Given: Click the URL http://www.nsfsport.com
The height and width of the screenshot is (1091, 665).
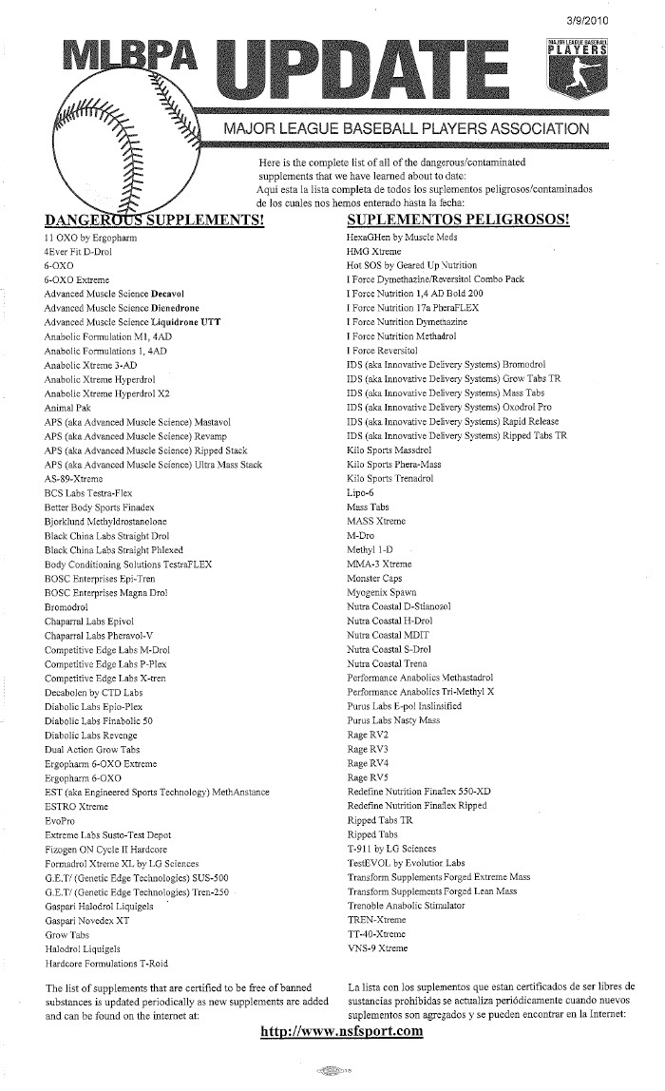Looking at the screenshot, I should click(341, 1032).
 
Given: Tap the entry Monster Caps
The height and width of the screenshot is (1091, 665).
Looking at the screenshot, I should click(374, 578).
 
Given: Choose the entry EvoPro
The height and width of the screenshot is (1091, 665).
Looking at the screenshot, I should click(60, 820).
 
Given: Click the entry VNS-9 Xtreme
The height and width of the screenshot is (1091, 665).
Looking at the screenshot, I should click(377, 948).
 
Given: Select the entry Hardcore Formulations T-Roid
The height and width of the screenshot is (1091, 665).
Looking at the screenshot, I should click(105, 963).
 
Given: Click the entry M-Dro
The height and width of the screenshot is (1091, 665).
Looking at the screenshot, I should click(361, 535).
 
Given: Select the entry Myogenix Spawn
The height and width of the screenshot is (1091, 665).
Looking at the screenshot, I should click(381, 592).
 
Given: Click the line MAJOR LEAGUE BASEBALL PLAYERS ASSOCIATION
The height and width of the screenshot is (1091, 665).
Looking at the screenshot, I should click(406, 128).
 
